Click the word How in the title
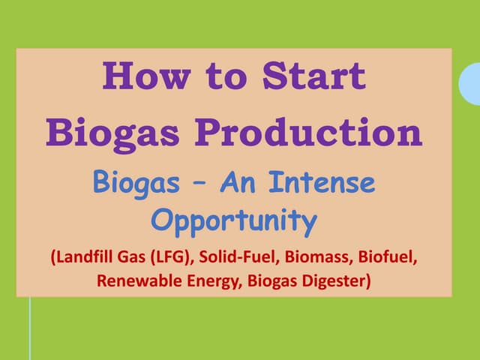tap(147, 76)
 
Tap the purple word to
tap(226, 76)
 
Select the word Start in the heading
tap(314, 76)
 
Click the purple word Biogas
tap(112, 134)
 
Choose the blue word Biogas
tap(136, 184)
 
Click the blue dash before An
tap(200, 185)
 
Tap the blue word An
tap(238, 182)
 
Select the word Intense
tap(322, 182)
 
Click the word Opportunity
tap(234, 222)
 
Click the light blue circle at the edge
tap(470, 84)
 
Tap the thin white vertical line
tap(30, 328)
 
